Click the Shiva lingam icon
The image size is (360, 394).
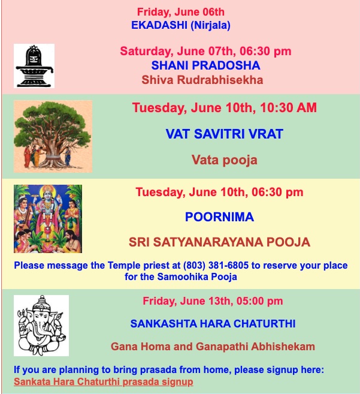point(34,66)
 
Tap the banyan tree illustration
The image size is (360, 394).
point(53,137)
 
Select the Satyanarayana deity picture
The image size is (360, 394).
point(48,219)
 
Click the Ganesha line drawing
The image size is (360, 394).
point(41,326)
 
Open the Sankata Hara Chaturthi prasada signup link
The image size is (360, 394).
point(104,381)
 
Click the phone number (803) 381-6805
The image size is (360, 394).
point(216,265)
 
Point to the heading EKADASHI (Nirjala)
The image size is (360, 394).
point(181,25)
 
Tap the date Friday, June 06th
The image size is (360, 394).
point(181,12)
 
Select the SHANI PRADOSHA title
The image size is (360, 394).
point(205,65)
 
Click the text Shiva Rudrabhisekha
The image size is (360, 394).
point(202,80)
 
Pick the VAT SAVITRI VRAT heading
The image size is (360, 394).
point(225,134)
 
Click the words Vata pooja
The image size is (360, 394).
point(225,160)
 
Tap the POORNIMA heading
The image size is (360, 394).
point(219,217)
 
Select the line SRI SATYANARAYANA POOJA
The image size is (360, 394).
point(219,242)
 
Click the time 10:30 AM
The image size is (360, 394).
point(289,107)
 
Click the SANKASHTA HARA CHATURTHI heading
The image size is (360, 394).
point(213,324)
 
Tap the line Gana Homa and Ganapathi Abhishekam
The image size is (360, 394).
point(213,347)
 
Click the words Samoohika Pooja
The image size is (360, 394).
point(197,276)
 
